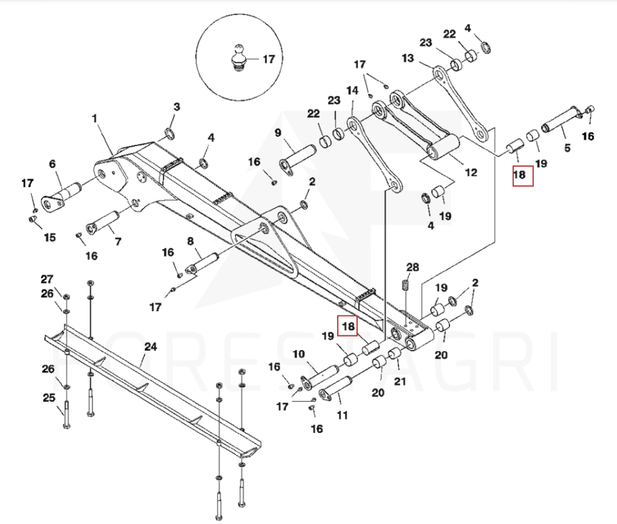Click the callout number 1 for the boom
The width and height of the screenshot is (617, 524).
point(94,119)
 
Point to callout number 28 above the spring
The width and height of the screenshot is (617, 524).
point(413,267)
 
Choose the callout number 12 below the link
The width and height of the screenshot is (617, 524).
point(471,173)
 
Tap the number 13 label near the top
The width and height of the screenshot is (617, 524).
point(408,58)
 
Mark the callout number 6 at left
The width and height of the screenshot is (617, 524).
point(53,164)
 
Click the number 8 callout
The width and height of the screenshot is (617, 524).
point(190,241)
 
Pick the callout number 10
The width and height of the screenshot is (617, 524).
point(299,353)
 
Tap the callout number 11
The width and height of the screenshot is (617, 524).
point(342,415)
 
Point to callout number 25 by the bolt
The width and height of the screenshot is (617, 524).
point(49,398)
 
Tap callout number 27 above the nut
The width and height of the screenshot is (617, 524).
point(47,279)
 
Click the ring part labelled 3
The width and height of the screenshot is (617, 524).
point(170,135)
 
